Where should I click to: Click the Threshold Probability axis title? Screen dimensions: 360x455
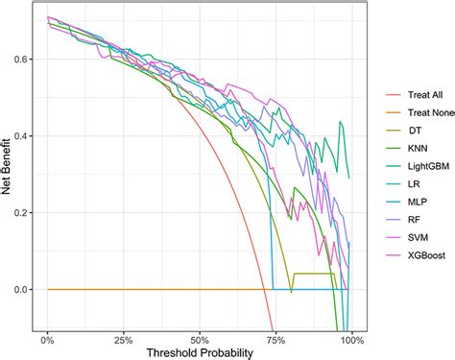click(200, 351)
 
